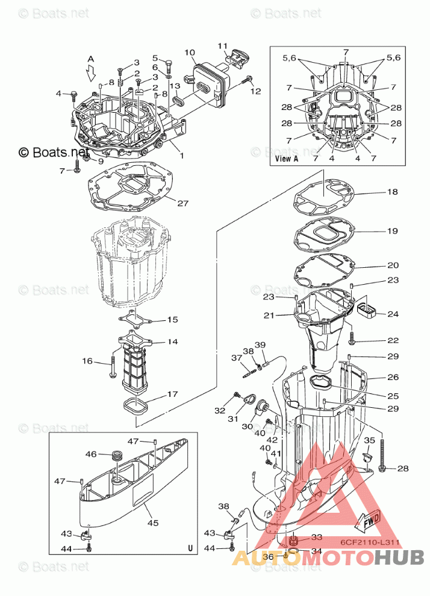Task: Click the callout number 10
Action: pyautogui.click(x=190, y=53)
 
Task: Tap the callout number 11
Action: pyautogui.click(x=223, y=46)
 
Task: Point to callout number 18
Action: pyautogui.click(x=392, y=192)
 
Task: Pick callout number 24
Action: pyautogui.click(x=393, y=314)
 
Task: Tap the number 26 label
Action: pyautogui.click(x=393, y=378)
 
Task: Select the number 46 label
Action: pyautogui.click(x=91, y=454)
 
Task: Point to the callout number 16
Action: pyautogui.click(x=87, y=361)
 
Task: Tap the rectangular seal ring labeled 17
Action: pyautogui.click(x=137, y=406)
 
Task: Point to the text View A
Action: pyautogui.click(x=286, y=159)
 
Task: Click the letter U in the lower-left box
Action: pyautogui.click(x=190, y=548)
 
